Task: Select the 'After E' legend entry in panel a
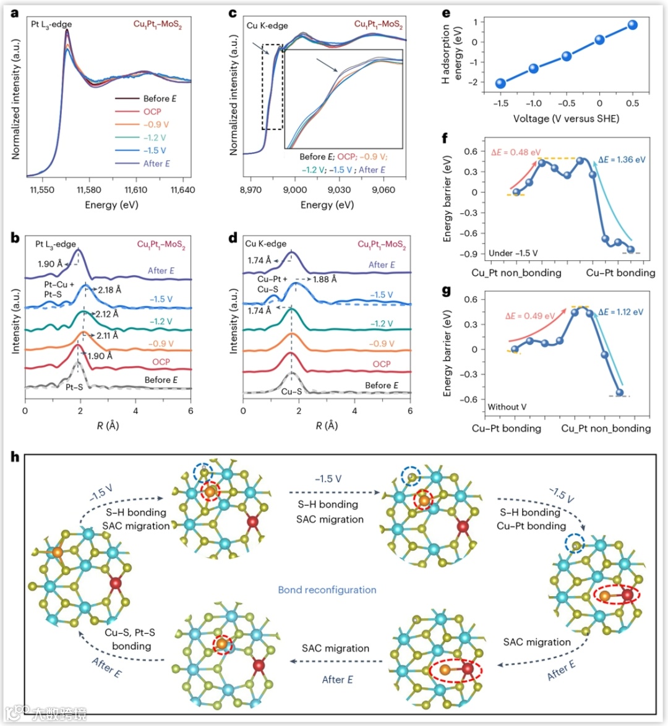tap(156, 163)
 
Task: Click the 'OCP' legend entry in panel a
tap(152, 111)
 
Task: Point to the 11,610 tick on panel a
tap(135, 190)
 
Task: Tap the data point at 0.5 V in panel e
tap(632, 25)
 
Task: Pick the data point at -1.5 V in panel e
tap(501, 83)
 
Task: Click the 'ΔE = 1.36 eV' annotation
tap(622, 160)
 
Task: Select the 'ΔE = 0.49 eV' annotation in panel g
tap(530, 316)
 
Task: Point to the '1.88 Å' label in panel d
tap(325, 279)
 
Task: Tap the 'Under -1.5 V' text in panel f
tap(513, 253)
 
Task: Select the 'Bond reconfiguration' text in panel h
tap(327, 590)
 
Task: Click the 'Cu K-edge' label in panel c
tap(267, 25)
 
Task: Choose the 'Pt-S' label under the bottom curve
tap(74, 388)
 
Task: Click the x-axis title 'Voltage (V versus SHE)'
tap(566, 118)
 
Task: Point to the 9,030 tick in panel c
tap(339, 190)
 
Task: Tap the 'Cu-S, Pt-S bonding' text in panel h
tap(130, 639)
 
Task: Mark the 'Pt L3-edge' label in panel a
tap(51, 25)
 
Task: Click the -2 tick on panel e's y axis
tap(475, 82)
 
